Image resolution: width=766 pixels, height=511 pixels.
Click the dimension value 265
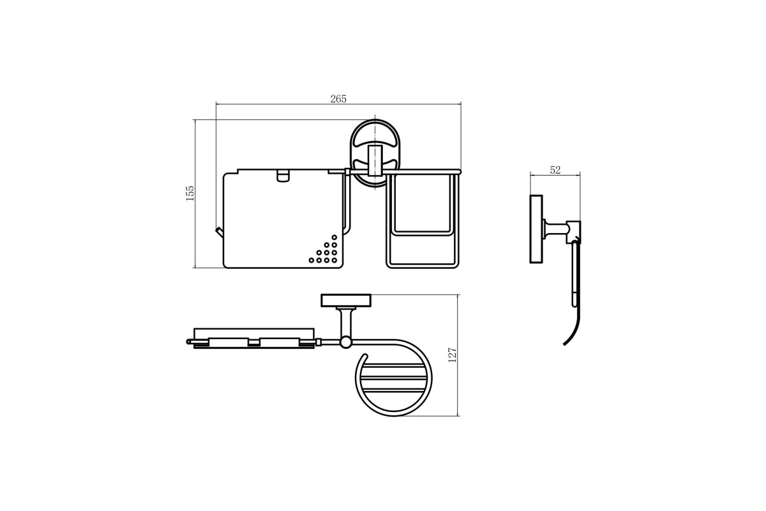338,98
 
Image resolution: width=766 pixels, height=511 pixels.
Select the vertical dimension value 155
190,194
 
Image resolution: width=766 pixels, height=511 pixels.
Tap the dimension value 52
555,170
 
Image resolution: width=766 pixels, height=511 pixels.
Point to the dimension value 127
452,355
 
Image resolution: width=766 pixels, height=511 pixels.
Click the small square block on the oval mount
375,160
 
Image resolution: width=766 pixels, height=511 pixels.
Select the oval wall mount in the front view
375,154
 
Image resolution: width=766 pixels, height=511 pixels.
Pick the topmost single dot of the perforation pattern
334,237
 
